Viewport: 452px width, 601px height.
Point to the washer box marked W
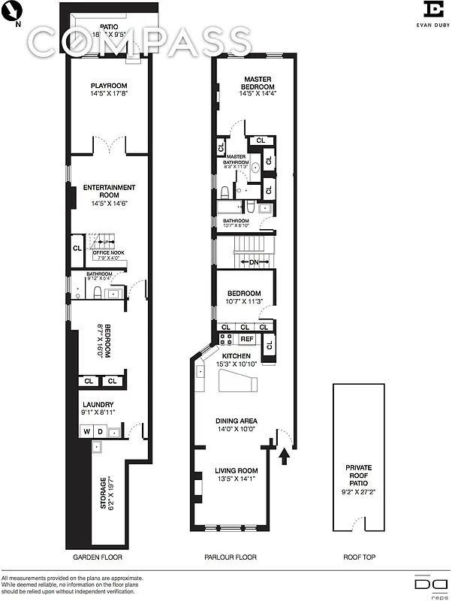click(86, 432)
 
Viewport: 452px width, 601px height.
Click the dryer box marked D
click(99, 432)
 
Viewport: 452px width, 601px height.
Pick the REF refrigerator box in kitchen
click(246, 340)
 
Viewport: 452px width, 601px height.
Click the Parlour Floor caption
click(231, 557)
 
